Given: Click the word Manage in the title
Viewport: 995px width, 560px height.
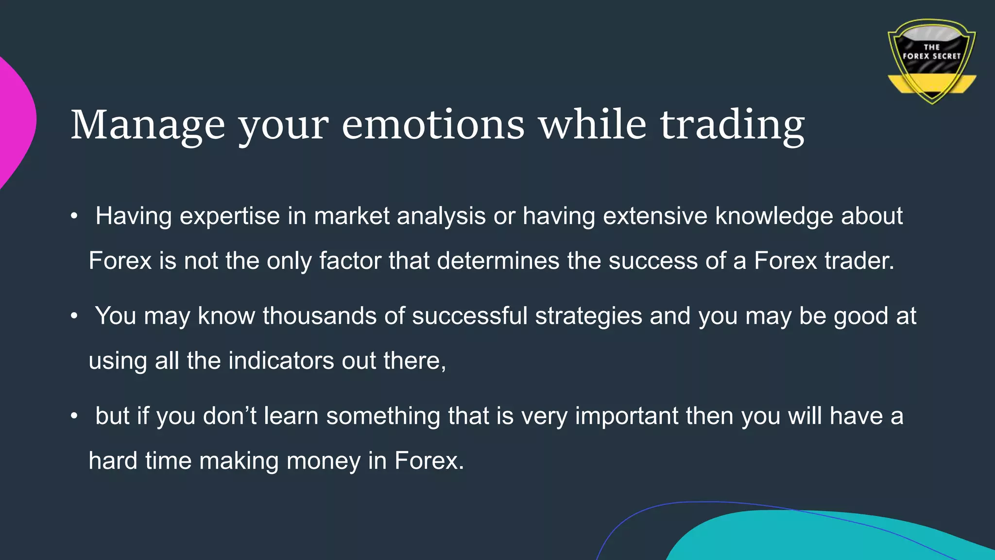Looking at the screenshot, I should click(x=148, y=125).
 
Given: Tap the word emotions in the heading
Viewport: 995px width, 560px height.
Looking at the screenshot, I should click(x=433, y=125).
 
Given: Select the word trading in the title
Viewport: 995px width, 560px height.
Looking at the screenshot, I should click(x=732, y=125).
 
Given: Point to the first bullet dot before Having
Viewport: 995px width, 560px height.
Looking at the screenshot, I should click(x=74, y=216).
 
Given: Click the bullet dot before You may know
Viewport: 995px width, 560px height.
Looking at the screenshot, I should click(x=74, y=316).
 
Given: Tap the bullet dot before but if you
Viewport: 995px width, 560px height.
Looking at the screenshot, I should click(x=74, y=417).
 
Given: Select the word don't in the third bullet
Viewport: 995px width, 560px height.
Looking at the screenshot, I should click(x=229, y=417).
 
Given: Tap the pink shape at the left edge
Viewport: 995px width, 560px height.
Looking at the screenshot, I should click(x=15, y=122).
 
